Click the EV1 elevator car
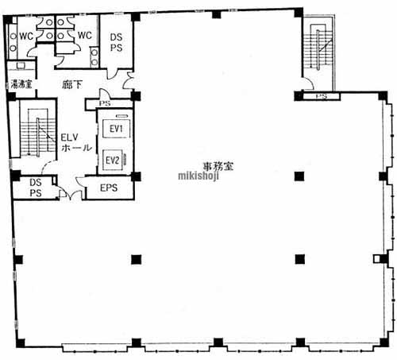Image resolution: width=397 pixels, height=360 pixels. tap(116, 129)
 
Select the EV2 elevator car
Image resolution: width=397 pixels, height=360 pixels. tap(113, 160)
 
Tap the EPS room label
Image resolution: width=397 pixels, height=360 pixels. tap(109, 188)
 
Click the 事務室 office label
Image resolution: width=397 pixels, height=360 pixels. tap(218, 166)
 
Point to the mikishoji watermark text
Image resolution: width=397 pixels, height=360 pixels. tap(198, 176)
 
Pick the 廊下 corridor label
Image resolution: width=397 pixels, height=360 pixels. tap(72, 84)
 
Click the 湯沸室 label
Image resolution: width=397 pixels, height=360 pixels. tap(21, 84)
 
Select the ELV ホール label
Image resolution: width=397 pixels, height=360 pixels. tap(76, 142)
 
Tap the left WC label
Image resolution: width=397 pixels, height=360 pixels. tap(26, 36)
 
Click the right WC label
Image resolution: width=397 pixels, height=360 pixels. tap(85, 35)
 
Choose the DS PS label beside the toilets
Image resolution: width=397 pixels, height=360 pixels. tap(117, 42)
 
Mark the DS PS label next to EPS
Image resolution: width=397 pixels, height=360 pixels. tap(36, 188)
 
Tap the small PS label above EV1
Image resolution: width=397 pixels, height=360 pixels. tap(105, 103)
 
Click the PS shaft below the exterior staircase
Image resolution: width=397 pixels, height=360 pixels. tap(322, 96)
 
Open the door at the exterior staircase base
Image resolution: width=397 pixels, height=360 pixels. tap(309, 83)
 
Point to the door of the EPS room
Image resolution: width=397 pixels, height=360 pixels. tap(80, 183)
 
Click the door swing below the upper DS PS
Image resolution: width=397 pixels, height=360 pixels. tap(113, 73)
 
